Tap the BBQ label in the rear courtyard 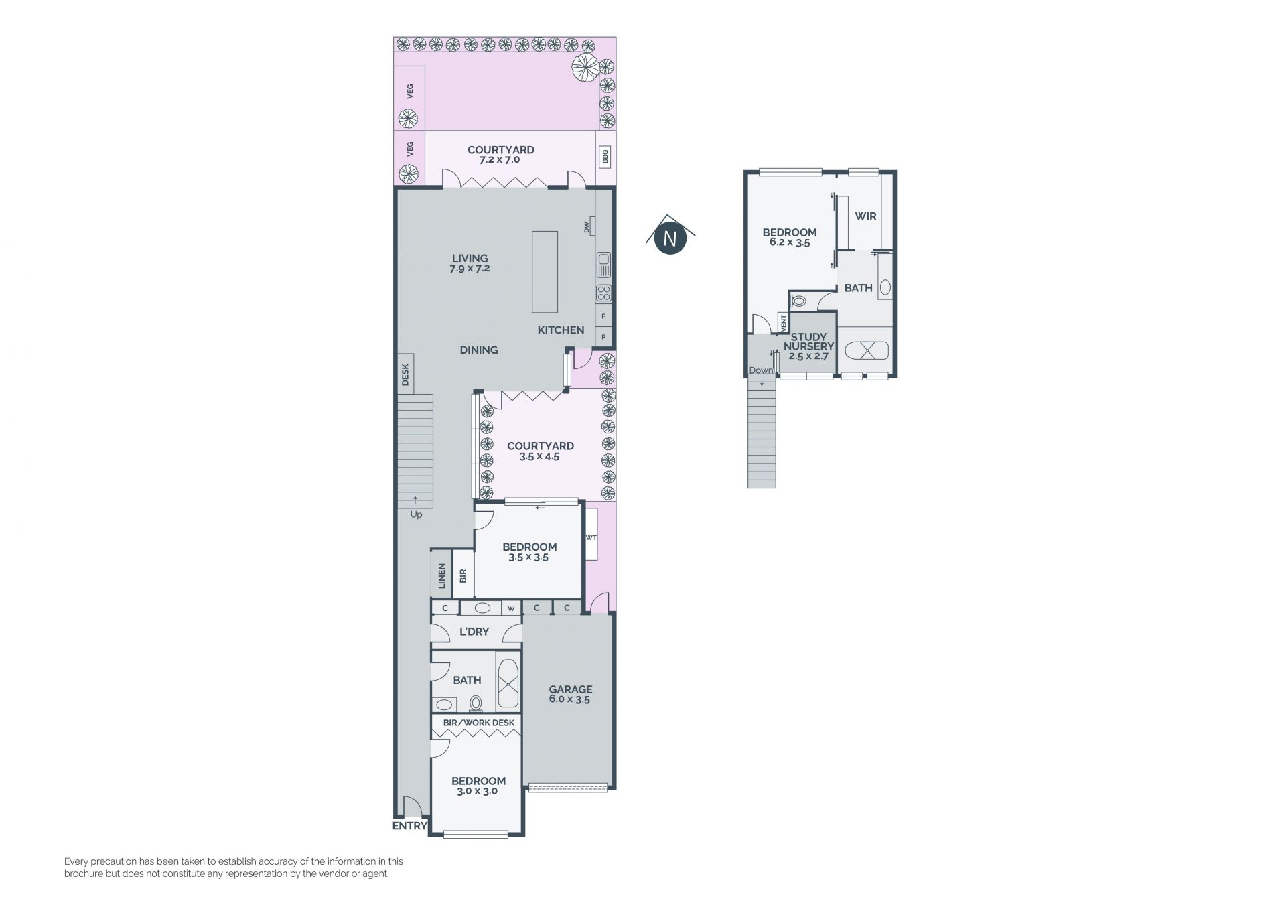605,157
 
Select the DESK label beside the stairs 405,374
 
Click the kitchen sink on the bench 603,265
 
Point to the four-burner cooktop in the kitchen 603,293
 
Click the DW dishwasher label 587,228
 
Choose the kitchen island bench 545,272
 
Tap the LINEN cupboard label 441,576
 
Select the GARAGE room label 571,689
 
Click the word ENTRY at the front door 409,826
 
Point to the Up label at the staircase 416,514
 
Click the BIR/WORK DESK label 479,723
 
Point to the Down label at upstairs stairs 761,370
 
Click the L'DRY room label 474,632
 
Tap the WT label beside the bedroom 591,537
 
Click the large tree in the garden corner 585,66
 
